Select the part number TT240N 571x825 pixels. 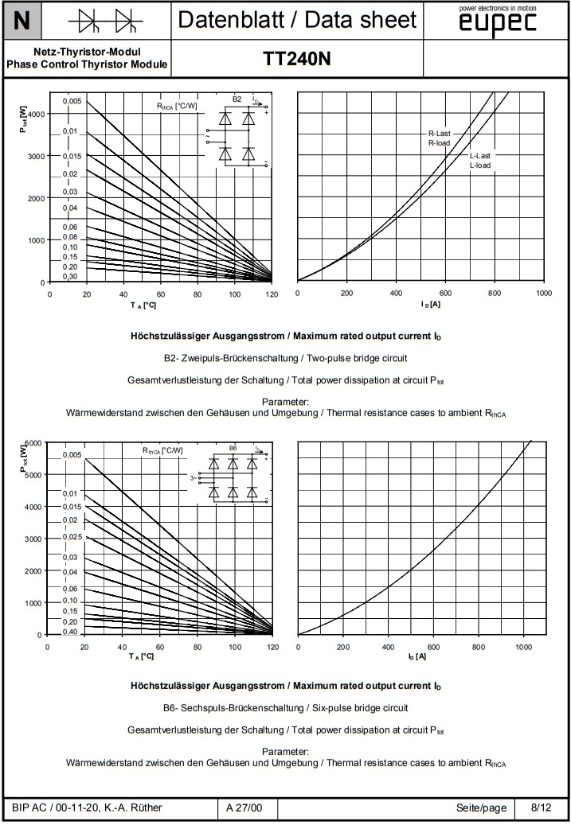(296, 59)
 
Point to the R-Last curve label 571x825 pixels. (440, 134)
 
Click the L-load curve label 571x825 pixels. (480, 165)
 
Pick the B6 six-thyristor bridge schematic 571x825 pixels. (233, 477)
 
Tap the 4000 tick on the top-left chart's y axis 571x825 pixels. (37, 114)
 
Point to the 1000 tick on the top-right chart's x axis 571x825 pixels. (544, 294)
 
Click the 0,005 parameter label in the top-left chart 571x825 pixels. (72, 101)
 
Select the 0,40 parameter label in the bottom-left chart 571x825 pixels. (70, 632)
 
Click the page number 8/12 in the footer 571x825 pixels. (541, 808)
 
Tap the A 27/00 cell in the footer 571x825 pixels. (244, 808)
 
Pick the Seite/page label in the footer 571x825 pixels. (481, 808)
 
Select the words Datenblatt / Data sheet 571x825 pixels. (297, 20)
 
